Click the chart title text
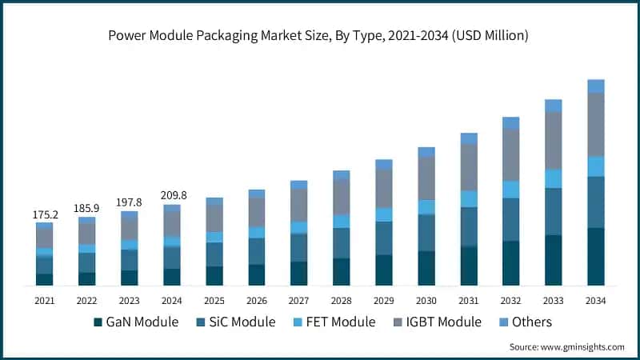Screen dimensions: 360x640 (x=320, y=36)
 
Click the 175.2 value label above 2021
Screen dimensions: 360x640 (x=44, y=214)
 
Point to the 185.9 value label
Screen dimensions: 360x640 (x=86, y=208)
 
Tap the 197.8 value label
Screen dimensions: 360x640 (x=129, y=202)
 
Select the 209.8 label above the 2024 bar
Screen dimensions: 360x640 (x=171, y=195)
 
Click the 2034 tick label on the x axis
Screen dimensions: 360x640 (x=595, y=300)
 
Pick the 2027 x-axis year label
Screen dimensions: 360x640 (x=298, y=300)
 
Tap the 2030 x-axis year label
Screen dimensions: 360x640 (x=426, y=300)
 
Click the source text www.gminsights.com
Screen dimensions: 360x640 (x=566, y=346)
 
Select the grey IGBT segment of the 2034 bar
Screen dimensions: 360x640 (x=595, y=124)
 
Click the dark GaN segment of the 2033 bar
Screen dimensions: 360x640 (x=553, y=260)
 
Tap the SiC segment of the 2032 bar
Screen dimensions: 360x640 (x=510, y=219)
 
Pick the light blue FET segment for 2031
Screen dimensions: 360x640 (x=468, y=198)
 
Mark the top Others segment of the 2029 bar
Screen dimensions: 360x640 (x=383, y=164)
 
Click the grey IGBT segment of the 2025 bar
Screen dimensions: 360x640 (x=214, y=218)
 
